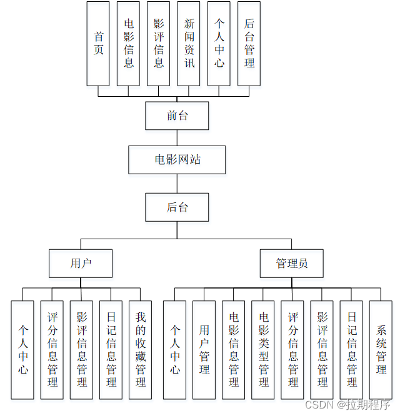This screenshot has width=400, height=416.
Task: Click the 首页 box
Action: [98, 43]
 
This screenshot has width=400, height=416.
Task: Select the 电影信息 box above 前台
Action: [128, 43]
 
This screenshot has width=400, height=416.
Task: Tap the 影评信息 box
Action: [159, 43]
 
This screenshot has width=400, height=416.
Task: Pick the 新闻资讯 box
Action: [189, 43]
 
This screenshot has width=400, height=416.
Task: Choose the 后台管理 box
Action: [249, 43]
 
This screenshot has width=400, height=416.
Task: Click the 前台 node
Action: [177, 116]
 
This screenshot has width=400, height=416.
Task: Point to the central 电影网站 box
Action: [177, 160]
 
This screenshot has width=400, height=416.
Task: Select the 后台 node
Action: [177, 207]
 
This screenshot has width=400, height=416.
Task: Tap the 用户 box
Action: [81, 264]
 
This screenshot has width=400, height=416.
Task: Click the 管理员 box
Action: [292, 264]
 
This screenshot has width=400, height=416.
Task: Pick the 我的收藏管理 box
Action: [141, 350]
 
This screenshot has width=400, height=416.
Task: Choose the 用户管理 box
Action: [204, 350]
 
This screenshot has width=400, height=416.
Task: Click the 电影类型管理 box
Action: [263, 350]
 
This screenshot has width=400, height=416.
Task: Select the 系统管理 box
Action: [381, 350]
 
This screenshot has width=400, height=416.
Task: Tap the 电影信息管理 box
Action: [234, 350]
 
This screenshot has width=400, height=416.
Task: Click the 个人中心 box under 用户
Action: [22, 350]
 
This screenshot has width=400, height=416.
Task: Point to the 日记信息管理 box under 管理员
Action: [352, 350]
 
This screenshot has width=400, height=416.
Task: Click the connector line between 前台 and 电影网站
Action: [177, 138]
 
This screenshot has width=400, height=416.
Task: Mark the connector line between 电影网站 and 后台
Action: [177, 184]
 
